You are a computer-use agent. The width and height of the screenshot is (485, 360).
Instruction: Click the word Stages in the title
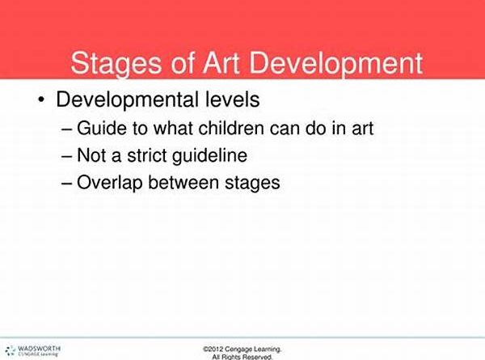[116, 64]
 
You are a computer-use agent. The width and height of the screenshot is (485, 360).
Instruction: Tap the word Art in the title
[221, 63]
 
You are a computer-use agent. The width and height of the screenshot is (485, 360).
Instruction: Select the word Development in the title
[336, 64]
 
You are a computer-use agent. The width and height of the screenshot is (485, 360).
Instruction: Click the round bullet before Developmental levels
[41, 100]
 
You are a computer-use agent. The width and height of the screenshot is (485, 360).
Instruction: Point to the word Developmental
[127, 100]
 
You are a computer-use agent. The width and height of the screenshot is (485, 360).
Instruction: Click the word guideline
[209, 155]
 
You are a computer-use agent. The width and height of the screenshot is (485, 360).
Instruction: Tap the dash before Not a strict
[67, 156]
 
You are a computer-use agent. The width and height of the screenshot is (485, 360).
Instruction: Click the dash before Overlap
[67, 184]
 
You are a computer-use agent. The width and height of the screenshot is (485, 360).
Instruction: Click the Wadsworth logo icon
[11, 350]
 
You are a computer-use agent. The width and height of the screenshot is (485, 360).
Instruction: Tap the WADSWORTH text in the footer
[39, 348]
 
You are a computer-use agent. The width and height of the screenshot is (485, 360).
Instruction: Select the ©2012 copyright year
[213, 349]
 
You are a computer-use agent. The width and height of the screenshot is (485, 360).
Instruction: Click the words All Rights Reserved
[242, 357]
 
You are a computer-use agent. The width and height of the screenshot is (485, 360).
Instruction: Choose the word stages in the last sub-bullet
[252, 183]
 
